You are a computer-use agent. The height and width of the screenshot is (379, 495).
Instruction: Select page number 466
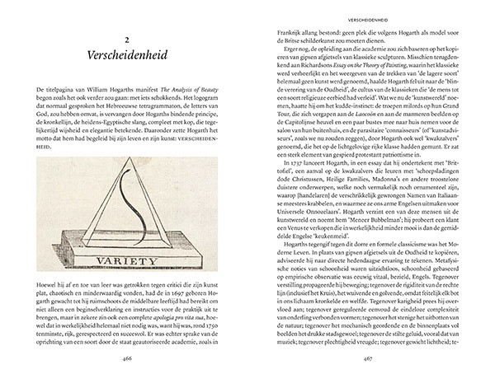(x=127, y=359)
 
